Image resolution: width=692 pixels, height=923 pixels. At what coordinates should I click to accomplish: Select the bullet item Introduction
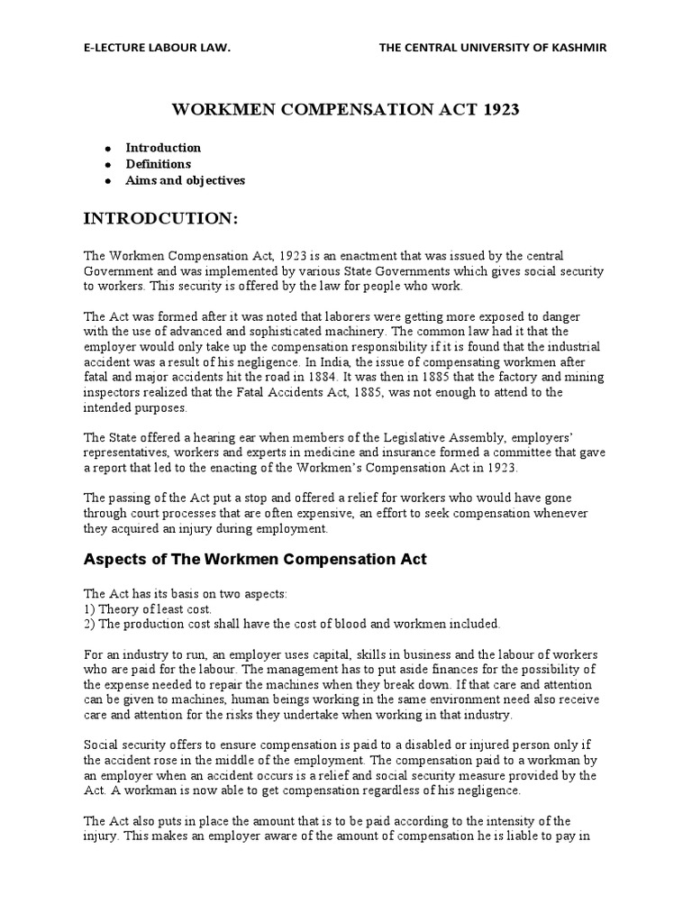[x=163, y=147]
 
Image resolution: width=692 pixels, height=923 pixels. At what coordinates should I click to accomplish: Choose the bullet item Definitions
[x=158, y=164]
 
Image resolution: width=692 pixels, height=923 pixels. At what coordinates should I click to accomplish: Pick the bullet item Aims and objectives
[x=185, y=180]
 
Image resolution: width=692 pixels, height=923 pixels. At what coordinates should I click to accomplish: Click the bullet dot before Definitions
[x=107, y=165]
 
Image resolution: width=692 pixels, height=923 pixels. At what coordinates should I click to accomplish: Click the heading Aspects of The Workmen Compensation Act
[x=255, y=560]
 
